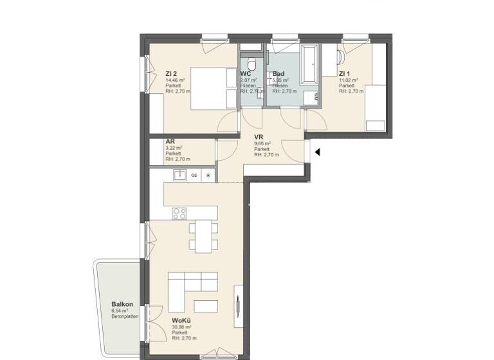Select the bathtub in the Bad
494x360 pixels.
(310, 64)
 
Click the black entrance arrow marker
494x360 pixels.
(316, 152)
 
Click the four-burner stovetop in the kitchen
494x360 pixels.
(179, 213)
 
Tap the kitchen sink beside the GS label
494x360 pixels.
(179, 174)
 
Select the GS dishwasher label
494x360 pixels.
(194, 175)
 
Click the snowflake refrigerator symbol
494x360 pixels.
(208, 175)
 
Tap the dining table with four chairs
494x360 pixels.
(202, 236)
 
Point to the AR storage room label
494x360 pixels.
(170, 141)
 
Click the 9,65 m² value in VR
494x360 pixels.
(262, 144)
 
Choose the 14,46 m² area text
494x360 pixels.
(176, 80)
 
